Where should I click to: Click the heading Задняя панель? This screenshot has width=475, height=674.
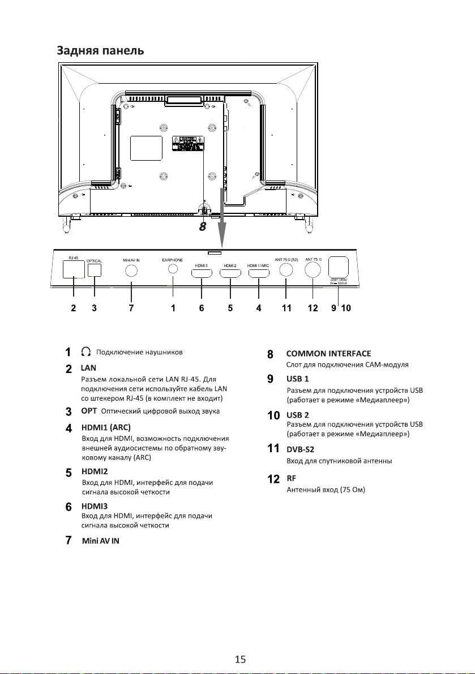pos(100,50)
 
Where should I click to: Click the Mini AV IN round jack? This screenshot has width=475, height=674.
pos(131,271)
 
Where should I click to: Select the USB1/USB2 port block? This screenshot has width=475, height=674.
pos(338,267)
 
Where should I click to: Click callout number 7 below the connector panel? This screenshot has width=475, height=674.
pos(131,308)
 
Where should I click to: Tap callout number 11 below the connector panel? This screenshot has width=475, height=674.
pos(286,308)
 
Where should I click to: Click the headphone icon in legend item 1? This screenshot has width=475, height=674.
pos(87,352)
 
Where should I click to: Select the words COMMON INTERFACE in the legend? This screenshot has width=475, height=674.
pos(328,354)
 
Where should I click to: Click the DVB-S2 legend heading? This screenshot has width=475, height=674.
pos(300,449)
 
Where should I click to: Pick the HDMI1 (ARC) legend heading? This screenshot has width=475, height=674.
pos(106,427)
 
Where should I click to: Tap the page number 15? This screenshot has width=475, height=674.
pos(240,659)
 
